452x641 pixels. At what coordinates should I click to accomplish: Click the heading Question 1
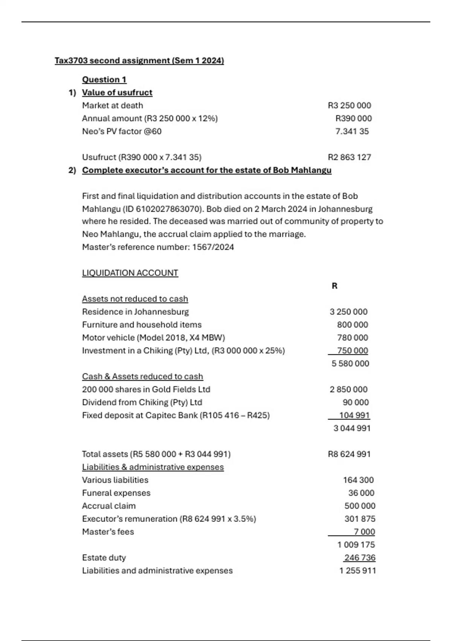tap(104, 80)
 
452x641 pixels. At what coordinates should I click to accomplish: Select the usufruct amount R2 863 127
tap(349, 157)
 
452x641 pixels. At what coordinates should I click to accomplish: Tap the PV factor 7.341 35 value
tap(352, 131)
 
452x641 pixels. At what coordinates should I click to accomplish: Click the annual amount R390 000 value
tap(353, 118)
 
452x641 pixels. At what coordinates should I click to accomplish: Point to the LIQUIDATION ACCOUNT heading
tap(130, 273)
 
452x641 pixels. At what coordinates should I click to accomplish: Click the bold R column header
tap(334, 286)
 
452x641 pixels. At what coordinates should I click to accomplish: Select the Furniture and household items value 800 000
tap(352, 325)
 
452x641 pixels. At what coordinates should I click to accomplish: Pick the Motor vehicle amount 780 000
tap(352, 337)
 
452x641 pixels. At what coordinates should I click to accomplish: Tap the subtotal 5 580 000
tap(350, 363)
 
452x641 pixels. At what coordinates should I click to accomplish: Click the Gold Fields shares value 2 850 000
tap(348, 390)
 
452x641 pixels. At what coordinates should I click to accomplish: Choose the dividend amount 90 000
tap(356, 402)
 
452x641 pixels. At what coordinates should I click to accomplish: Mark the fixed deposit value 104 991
tap(354, 415)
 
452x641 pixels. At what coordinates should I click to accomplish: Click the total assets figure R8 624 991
tap(349, 454)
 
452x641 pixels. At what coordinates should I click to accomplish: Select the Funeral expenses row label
tap(116, 493)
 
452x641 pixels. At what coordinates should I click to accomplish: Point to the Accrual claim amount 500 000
tap(360, 506)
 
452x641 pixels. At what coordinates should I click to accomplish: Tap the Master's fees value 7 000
tap(364, 532)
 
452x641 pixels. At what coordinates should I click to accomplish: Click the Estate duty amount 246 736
tap(360, 558)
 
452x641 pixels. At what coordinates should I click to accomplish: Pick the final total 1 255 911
tap(357, 570)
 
